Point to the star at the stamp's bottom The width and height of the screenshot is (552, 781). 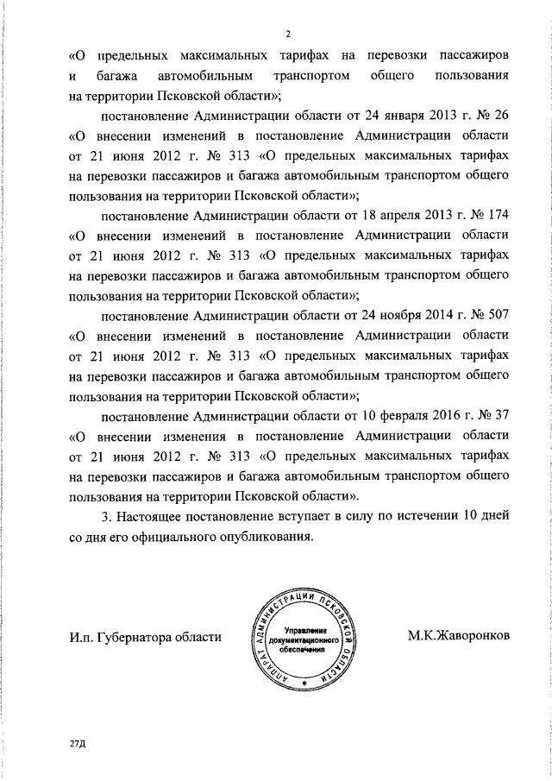[x=304, y=681]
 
